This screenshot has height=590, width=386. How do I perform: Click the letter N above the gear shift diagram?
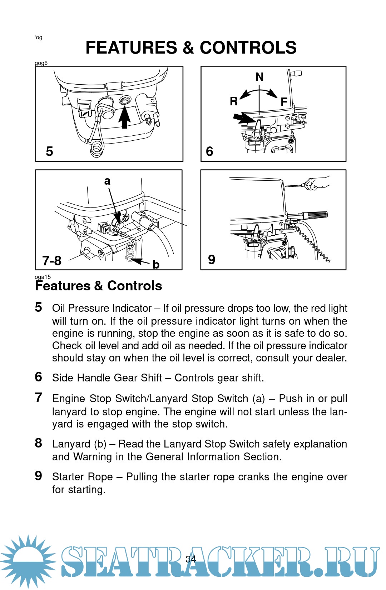coord(259,77)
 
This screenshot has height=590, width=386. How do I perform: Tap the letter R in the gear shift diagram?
coord(233,101)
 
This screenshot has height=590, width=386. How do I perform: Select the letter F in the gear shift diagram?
coord(284,102)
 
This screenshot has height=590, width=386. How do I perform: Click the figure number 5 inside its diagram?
coord(49,151)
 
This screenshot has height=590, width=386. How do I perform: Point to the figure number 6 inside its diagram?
coord(209,151)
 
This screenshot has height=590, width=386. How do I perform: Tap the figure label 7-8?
coord(52,261)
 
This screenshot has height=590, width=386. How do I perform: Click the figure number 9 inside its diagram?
coord(212,260)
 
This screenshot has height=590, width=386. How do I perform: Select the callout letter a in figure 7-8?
coord(107,181)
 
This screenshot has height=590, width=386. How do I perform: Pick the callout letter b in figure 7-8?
coord(156,265)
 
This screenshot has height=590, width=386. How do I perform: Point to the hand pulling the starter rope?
coord(316,183)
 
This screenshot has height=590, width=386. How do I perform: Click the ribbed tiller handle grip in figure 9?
coord(315,215)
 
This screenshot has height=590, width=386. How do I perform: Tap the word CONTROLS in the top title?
coord(248,47)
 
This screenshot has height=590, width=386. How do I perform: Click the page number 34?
coord(191,559)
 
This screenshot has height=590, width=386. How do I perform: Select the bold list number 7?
coord(39,397)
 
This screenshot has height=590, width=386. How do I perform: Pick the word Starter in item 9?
coord(69,477)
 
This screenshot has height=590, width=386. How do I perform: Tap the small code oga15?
coord(43,277)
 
